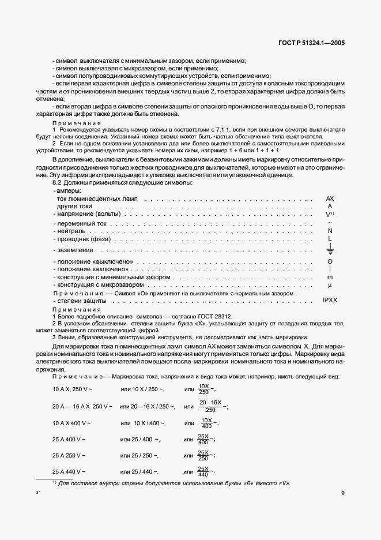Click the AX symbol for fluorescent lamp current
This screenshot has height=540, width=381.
click(x=330, y=198)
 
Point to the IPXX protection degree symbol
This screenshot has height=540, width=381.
click(x=330, y=301)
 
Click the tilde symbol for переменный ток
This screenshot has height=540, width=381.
click(x=330, y=222)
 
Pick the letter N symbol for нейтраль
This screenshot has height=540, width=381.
click(x=330, y=231)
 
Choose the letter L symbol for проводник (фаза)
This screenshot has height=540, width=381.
click(x=330, y=239)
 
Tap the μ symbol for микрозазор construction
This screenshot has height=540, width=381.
click(x=330, y=285)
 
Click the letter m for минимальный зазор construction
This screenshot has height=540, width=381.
click(x=330, y=277)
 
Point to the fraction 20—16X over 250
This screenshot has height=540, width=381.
click(x=210, y=406)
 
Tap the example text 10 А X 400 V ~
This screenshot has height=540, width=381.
click(x=72, y=423)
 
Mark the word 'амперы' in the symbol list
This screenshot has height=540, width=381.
click(x=68, y=190)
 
